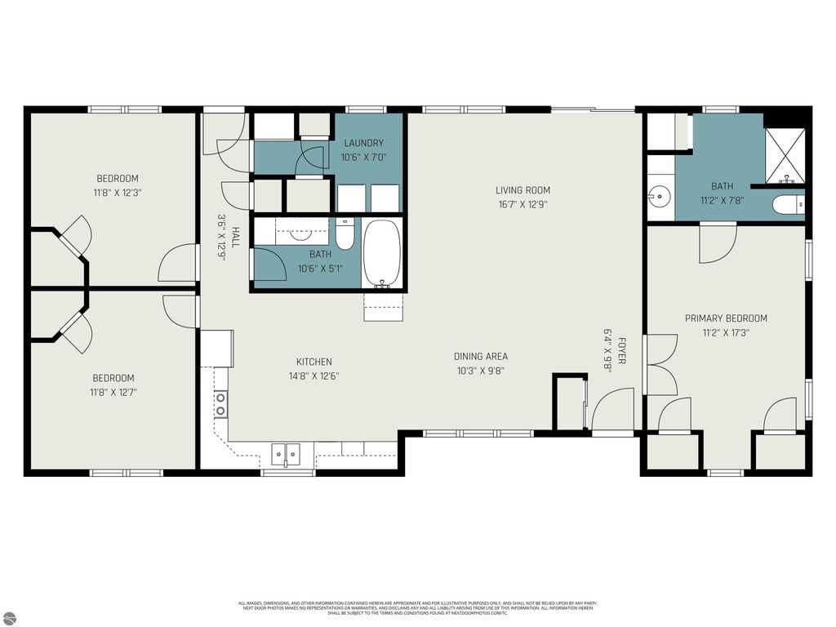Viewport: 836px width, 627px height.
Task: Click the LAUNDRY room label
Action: [363, 143]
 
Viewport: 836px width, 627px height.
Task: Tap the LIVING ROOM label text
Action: [522, 190]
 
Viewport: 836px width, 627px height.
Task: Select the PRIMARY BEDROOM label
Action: [726, 318]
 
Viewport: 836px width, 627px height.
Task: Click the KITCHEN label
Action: [313, 362]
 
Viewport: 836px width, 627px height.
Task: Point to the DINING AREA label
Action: [481, 356]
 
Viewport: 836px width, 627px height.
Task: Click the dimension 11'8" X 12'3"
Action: [118, 193]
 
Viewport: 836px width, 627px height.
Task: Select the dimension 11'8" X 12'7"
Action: [113, 393]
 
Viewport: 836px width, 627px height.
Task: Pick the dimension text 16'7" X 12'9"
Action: [522, 205]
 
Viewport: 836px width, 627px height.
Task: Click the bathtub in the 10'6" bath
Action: [381, 251]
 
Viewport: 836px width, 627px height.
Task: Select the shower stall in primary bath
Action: [785, 155]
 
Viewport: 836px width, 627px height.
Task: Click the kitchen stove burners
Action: [220, 404]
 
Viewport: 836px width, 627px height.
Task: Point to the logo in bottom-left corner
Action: [7, 618]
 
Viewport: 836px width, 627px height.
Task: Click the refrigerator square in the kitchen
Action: [216, 348]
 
